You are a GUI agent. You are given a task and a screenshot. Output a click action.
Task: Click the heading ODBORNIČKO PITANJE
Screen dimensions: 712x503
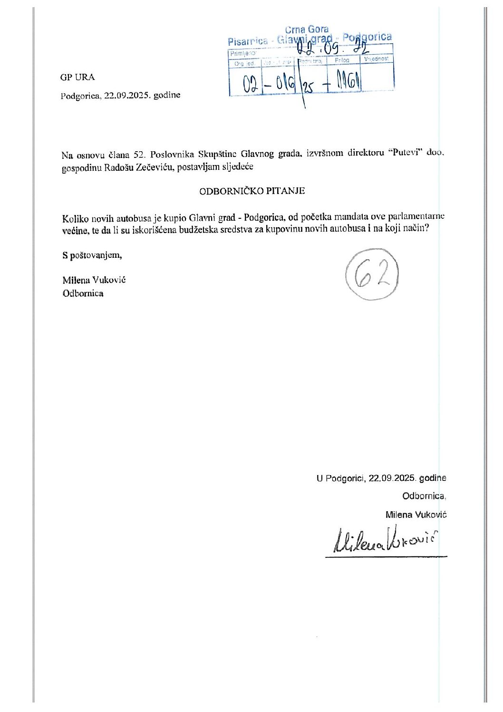pos(252,191)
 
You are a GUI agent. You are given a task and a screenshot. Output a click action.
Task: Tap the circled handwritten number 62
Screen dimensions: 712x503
pos(372,274)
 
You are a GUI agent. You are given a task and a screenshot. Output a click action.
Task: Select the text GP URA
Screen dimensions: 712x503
pos(77,77)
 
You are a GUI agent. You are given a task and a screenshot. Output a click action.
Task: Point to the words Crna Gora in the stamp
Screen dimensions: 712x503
pos(307,29)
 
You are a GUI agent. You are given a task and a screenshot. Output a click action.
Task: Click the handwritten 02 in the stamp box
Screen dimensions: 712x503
pos(250,84)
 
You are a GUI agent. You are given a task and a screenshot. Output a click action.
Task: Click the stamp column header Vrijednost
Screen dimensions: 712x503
pos(376,59)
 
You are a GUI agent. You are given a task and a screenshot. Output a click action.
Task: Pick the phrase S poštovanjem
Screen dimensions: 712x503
pos(92,255)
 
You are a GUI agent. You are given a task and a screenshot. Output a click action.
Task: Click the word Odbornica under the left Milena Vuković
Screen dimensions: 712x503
pos(83,293)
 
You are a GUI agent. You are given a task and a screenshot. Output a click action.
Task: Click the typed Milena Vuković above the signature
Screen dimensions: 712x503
pos(416,515)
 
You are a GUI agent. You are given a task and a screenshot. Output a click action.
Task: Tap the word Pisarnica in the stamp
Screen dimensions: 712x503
pos(247,41)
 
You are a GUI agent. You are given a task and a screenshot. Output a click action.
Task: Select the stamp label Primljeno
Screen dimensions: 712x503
pos(242,53)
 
